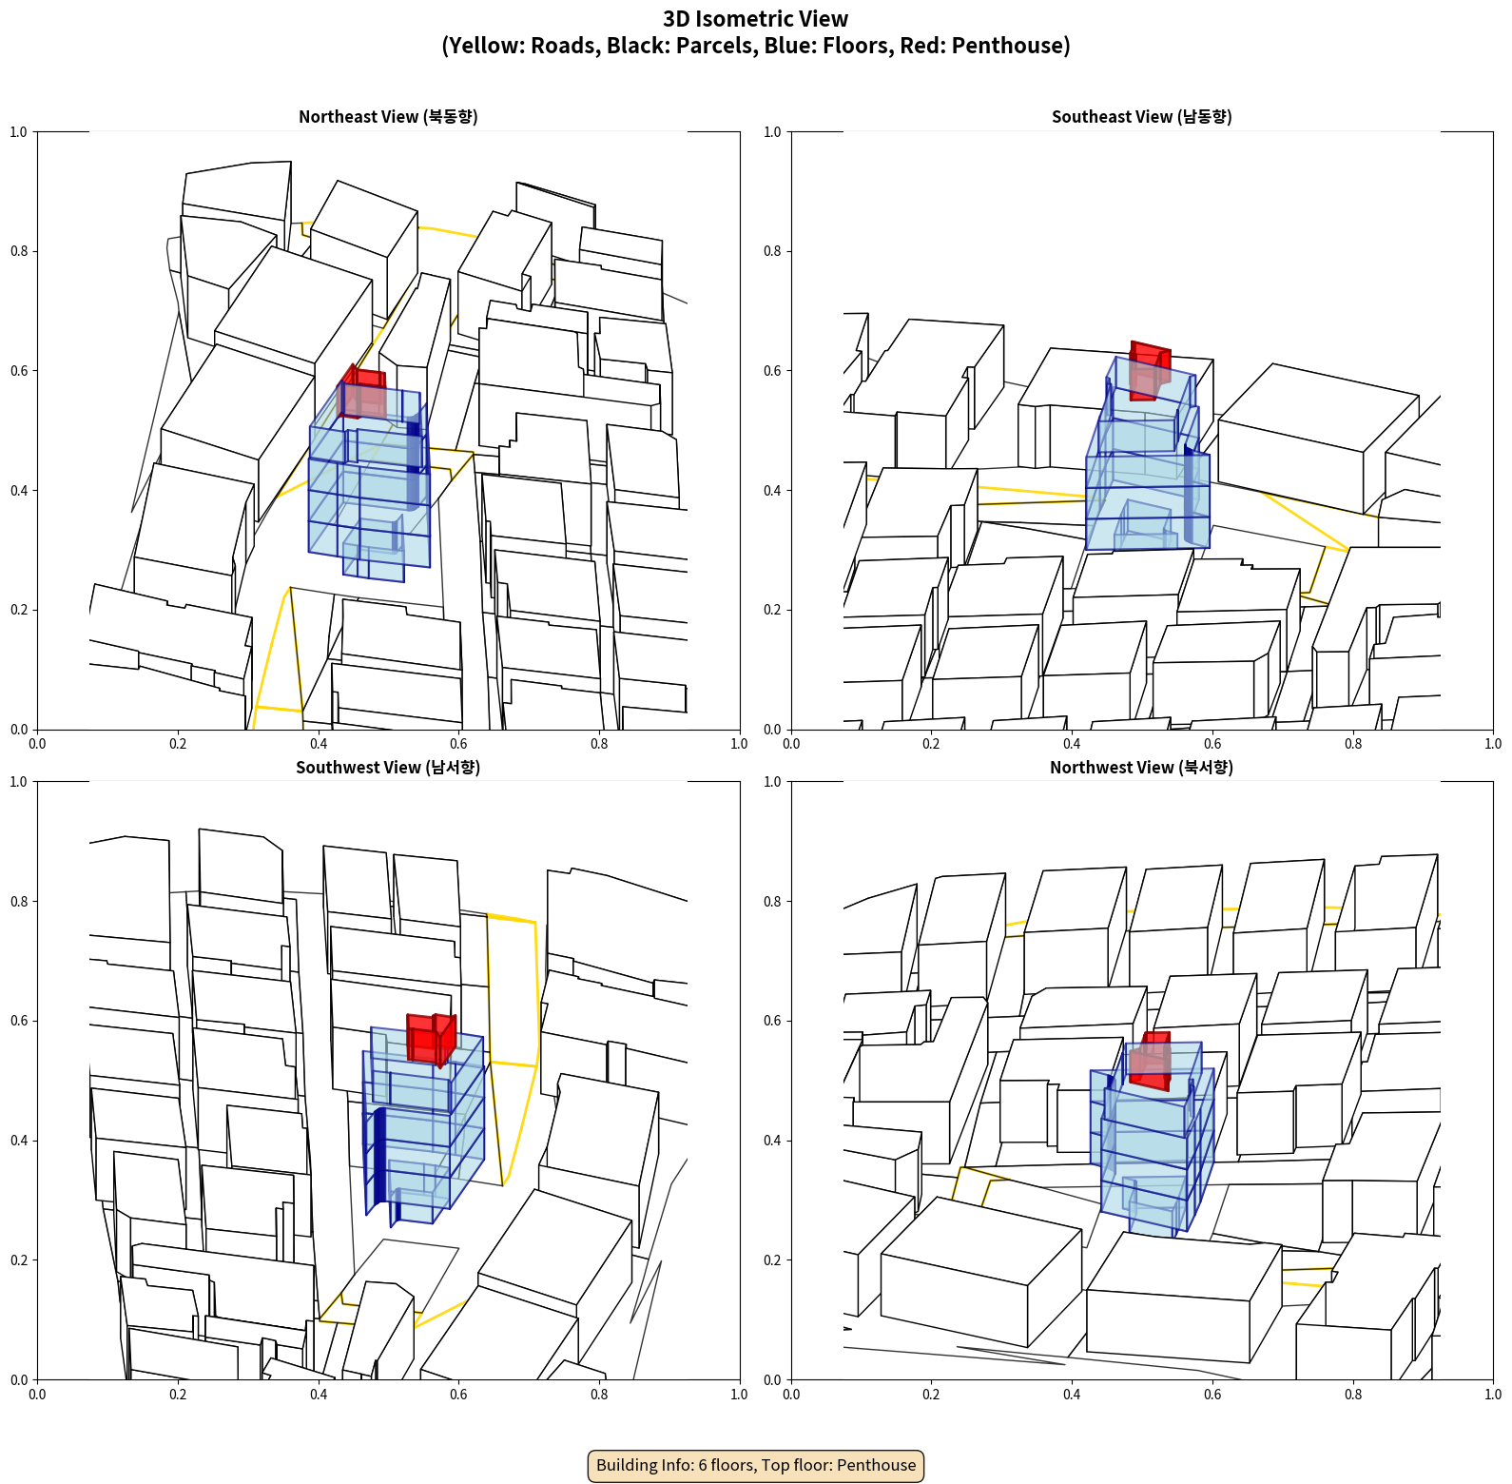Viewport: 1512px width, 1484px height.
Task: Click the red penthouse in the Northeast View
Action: coord(362,392)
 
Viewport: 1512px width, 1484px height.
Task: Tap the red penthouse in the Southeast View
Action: coord(1150,371)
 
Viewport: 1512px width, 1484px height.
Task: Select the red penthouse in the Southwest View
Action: coord(431,1039)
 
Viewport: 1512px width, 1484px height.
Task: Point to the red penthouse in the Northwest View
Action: coord(1151,1061)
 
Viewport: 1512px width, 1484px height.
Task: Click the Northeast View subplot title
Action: coord(388,117)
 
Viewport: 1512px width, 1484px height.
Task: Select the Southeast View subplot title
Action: coord(1141,117)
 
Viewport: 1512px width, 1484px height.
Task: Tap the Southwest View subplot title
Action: coord(388,768)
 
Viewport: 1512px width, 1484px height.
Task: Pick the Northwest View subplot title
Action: coord(1141,768)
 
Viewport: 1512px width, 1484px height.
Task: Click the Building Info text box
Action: coord(756,1465)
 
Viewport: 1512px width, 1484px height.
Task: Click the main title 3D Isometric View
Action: coord(756,19)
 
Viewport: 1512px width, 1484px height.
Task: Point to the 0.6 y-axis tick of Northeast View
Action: coord(19,371)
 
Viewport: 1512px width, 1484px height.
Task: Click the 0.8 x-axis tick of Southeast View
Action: coord(1353,744)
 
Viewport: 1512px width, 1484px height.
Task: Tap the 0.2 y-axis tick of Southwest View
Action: coord(19,1260)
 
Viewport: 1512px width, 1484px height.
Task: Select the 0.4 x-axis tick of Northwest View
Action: coord(1072,1395)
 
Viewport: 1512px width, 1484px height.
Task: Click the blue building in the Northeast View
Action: coord(369,485)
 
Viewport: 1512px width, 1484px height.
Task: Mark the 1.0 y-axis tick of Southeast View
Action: coord(772,132)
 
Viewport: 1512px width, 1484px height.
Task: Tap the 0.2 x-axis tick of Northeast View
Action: coord(178,744)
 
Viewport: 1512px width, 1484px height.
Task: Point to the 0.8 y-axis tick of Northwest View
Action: coord(772,902)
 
